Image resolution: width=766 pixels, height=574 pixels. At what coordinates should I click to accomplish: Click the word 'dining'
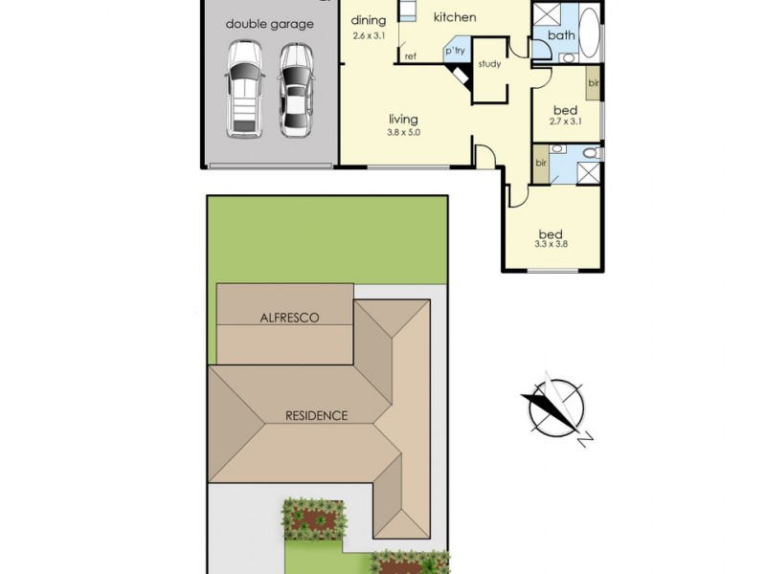368,20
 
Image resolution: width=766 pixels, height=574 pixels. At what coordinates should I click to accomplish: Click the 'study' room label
489,65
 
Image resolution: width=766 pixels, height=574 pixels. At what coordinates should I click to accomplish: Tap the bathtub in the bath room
589,36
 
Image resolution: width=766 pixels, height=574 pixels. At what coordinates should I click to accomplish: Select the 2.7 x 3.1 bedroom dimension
566,121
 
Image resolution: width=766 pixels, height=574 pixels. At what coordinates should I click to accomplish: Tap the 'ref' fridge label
410,56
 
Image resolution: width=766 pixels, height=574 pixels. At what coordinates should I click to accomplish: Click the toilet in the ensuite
590,153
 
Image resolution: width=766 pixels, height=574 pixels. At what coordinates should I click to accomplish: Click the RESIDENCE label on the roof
316,415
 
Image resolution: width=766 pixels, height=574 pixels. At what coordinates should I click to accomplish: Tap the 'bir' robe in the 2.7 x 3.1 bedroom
594,83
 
